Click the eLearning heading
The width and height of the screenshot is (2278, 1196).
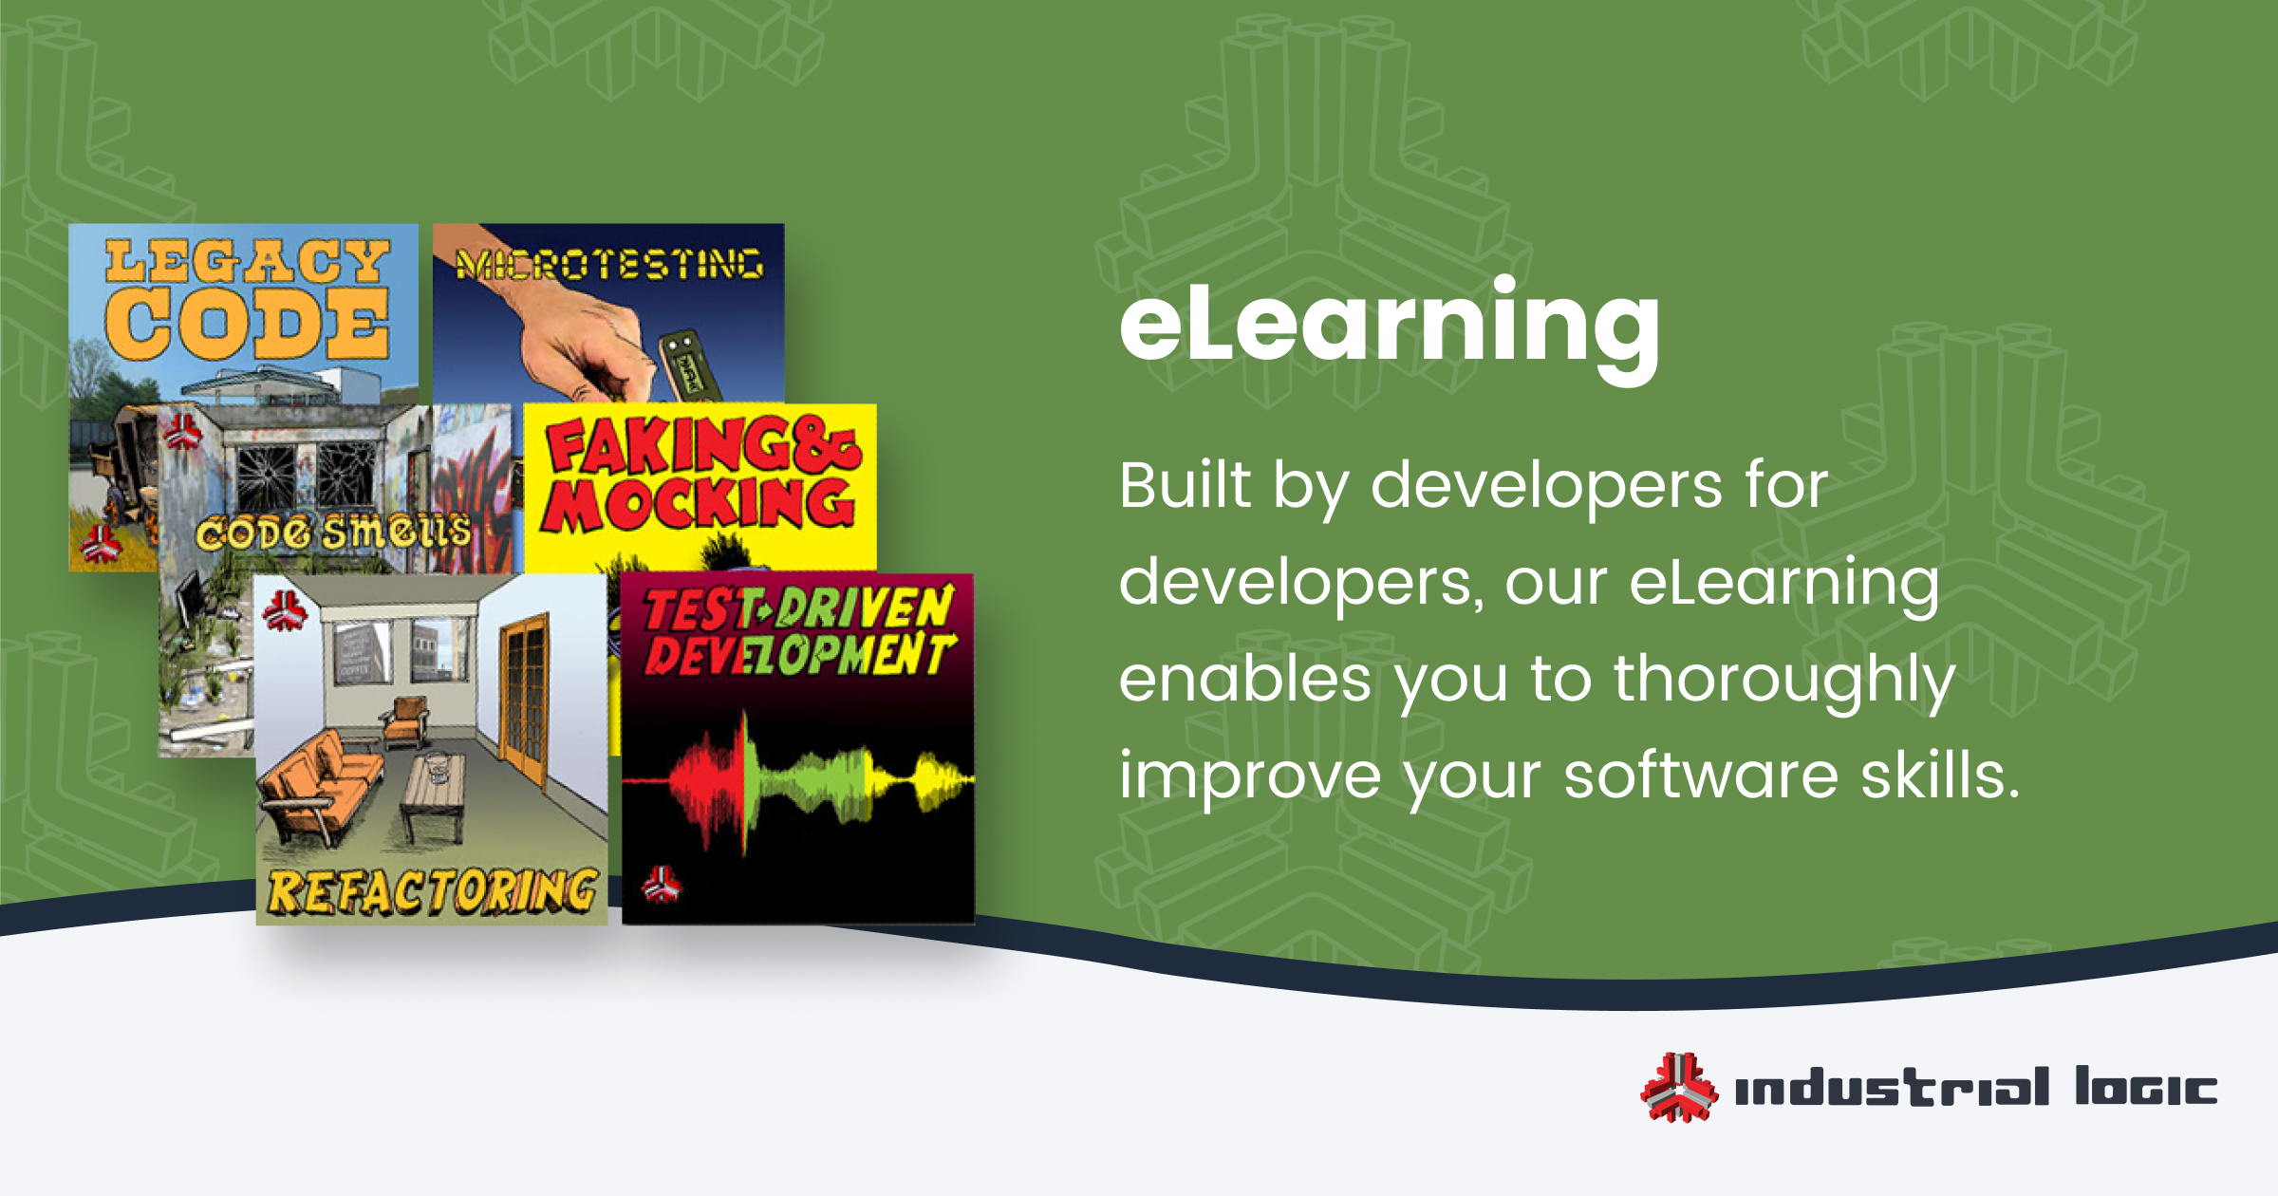(1390, 327)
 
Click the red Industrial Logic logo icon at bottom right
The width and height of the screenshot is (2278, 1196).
(1679, 1088)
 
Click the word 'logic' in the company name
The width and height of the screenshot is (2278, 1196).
(2146, 1088)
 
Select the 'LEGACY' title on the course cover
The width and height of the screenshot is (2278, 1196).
(247, 261)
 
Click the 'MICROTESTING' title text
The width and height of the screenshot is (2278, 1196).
(609, 264)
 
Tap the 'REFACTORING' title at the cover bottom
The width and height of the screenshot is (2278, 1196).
(433, 892)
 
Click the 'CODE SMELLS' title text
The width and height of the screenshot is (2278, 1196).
(333, 533)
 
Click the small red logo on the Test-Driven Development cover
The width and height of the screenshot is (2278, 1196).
(661, 885)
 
